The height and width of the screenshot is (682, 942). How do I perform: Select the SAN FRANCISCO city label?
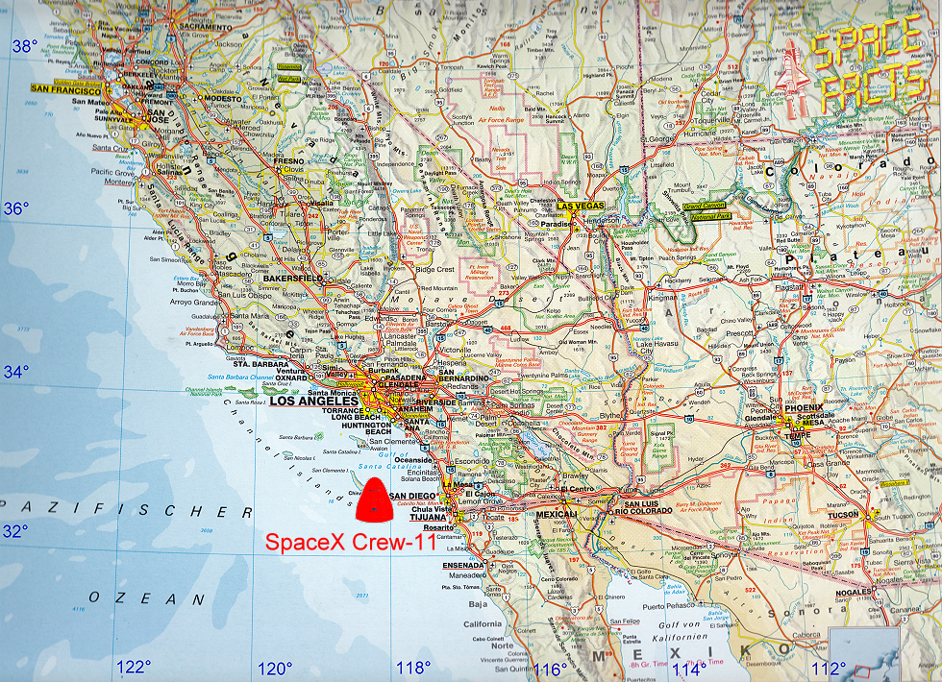click(65, 88)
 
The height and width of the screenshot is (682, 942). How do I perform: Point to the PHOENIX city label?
click(805, 407)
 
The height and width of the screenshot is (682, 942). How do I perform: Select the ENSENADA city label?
click(464, 566)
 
